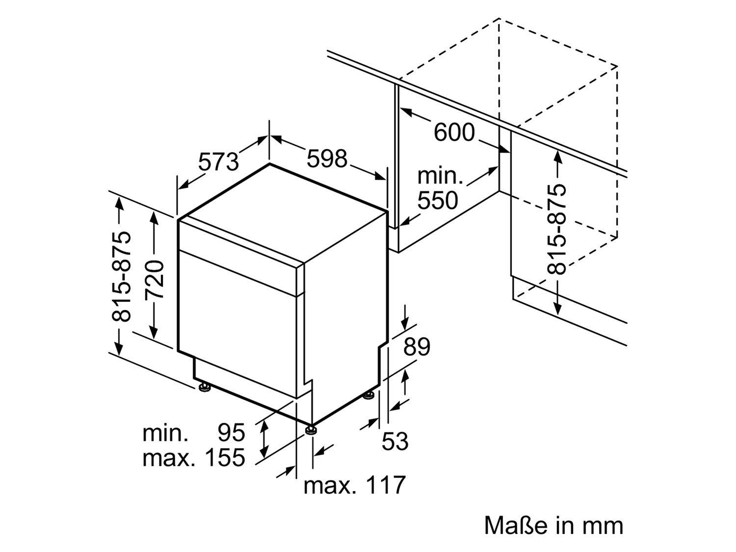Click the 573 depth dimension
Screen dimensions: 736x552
tap(218, 161)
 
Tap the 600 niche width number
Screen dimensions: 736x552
tap(454, 132)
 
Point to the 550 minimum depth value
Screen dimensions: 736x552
tap(438, 200)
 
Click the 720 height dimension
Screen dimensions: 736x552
tap(155, 279)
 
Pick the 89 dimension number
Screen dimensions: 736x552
tap(417, 347)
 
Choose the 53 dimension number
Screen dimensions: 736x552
tap(395, 441)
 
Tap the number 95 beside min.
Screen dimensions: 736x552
tap(232, 432)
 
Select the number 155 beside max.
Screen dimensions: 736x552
tap(225, 458)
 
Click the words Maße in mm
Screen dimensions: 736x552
tap(553, 525)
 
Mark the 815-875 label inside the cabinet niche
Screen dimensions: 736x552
tap(556, 229)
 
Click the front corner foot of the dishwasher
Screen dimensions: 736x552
tap(312, 430)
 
